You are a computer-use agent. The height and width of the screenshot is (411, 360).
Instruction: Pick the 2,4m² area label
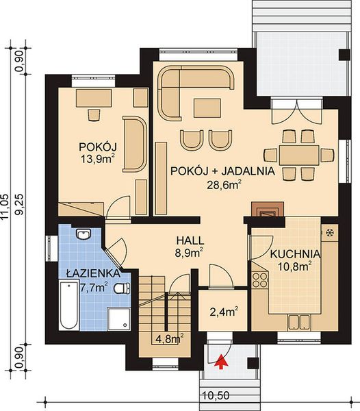[x=223, y=314]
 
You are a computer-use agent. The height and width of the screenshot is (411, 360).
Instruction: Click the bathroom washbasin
[x=83, y=236]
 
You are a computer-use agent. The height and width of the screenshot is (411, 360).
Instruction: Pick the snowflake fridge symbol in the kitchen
[x=329, y=232]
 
